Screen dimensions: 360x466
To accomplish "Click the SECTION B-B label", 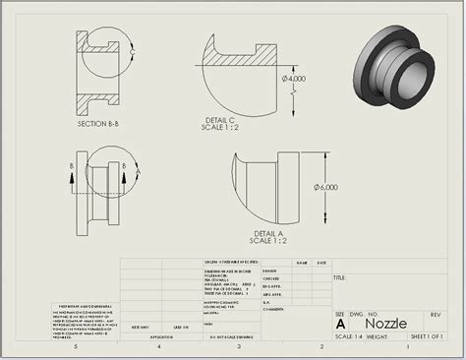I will click(x=98, y=125).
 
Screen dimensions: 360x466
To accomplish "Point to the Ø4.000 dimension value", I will click(x=296, y=78).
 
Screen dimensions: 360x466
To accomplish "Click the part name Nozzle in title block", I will click(x=385, y=323).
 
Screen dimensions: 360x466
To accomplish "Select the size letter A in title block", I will click(x=340, y=324).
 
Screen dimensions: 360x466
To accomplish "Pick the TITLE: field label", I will click(x=340, y=278).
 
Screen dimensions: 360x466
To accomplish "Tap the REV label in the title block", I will click(x=435, y=314).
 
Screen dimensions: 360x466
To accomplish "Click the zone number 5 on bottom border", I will click(x=75, y=347).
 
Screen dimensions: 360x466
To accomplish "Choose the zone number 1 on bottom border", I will click(x=405, y=347).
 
